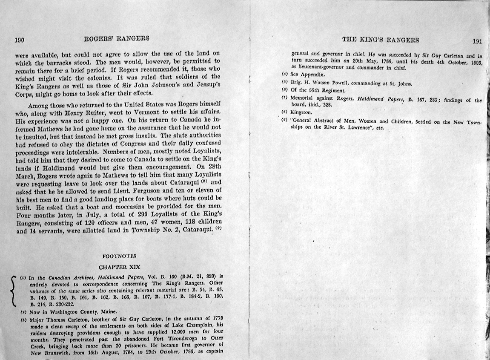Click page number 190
coord(20,40)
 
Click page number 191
coord(477,41)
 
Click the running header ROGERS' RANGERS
coord(116,38)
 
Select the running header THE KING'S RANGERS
coord(381,40)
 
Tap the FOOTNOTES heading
coord(119,256)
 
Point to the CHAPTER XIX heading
coord(119,267)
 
